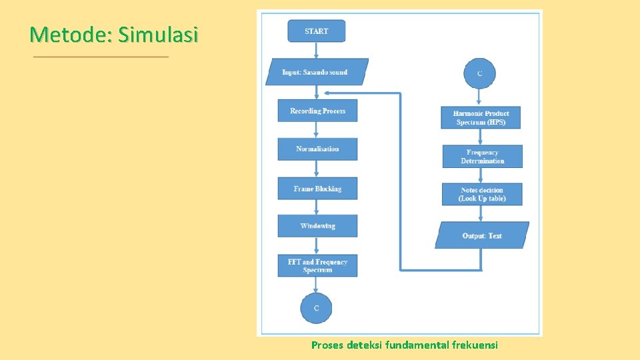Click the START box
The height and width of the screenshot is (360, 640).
pos(317,31)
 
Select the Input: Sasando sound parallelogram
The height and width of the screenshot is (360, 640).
pos(317,72)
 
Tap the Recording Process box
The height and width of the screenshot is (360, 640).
pos(317,111)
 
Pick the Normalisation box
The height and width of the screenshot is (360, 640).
pos(317,149)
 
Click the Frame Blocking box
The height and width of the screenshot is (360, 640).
pos(317,189)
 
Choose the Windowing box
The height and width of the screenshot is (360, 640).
pos(317,226)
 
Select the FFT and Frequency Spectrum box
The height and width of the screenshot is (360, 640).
pos(317,266)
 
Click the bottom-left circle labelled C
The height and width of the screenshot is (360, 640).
pos(316,308)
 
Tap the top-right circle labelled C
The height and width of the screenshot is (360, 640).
pos(480,73)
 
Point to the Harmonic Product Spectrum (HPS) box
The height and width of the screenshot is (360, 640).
pos(481,118)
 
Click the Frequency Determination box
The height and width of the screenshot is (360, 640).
pos(482,157)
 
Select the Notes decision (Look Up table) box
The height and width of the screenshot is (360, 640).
pos(482,194)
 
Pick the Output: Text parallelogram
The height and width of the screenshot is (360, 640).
pos(482,235)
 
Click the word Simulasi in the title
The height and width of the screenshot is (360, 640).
pos(158,34)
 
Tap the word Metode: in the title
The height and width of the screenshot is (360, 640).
pos(72,34)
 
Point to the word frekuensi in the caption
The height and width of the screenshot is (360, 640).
pos(475,345)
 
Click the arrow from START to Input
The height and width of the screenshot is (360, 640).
pos(317,51)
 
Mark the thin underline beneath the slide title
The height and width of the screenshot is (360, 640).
pos(101,57)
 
